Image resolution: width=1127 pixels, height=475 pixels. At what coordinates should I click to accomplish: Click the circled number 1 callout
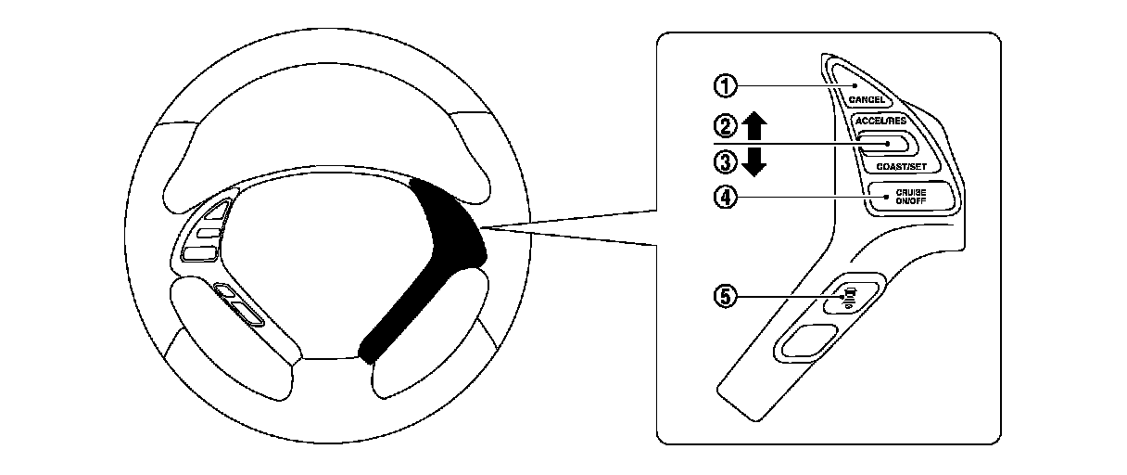pos(725,86)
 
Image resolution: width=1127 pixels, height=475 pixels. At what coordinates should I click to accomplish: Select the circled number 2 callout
pos(725,123)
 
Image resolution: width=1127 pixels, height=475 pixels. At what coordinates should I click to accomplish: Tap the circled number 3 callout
pos(725,162)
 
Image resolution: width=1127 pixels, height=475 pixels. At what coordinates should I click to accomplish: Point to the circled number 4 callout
pos(725,197)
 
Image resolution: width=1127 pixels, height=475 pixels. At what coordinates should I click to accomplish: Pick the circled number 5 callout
pos(725,296)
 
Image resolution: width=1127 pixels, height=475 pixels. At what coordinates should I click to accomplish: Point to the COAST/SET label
pos(901,166)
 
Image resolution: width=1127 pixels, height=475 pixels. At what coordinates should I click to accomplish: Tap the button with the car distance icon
pos(849,296)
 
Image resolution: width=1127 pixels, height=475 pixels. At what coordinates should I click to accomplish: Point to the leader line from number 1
pos(788,86)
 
